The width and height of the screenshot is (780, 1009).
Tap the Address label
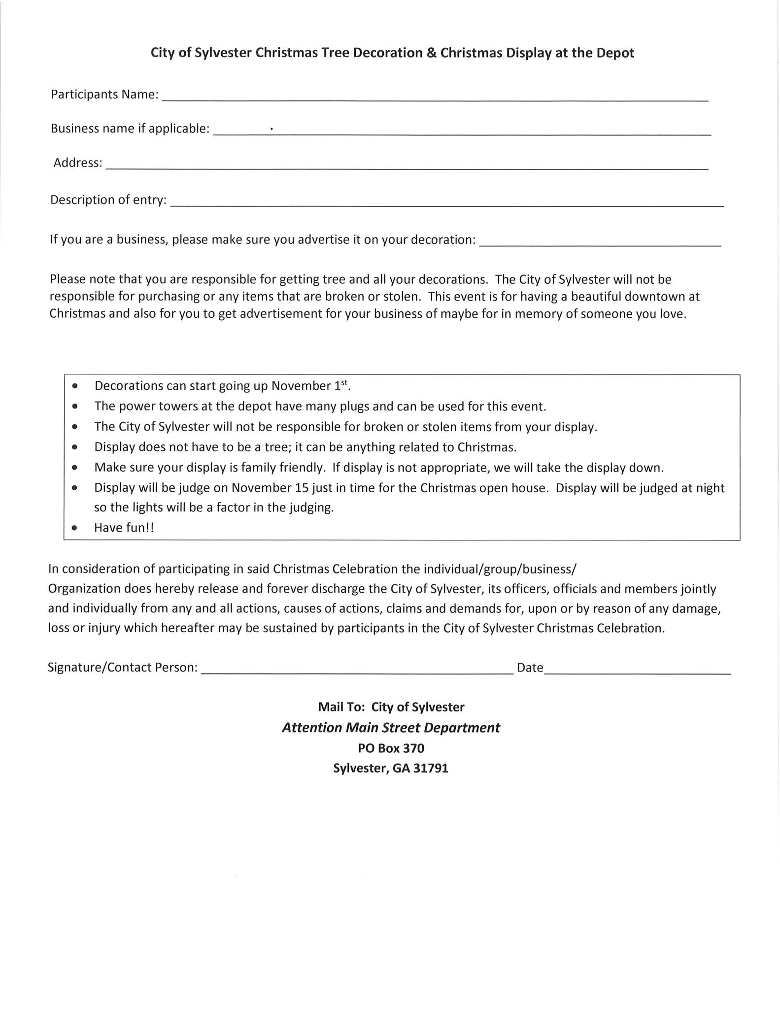pos(78,163)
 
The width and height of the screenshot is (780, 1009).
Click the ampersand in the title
pos(431,53)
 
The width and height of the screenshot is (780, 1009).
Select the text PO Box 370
pos(391,748)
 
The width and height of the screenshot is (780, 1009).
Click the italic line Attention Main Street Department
pos(391,728)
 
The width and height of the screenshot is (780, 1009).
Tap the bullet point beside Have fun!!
pos(74,528)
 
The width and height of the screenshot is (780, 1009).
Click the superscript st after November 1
pos(344,382)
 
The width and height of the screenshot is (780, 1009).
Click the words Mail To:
pos(341,707)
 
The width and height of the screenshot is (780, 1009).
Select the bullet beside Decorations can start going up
pos(74,386)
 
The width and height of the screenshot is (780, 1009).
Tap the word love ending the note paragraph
pos(672,314)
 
